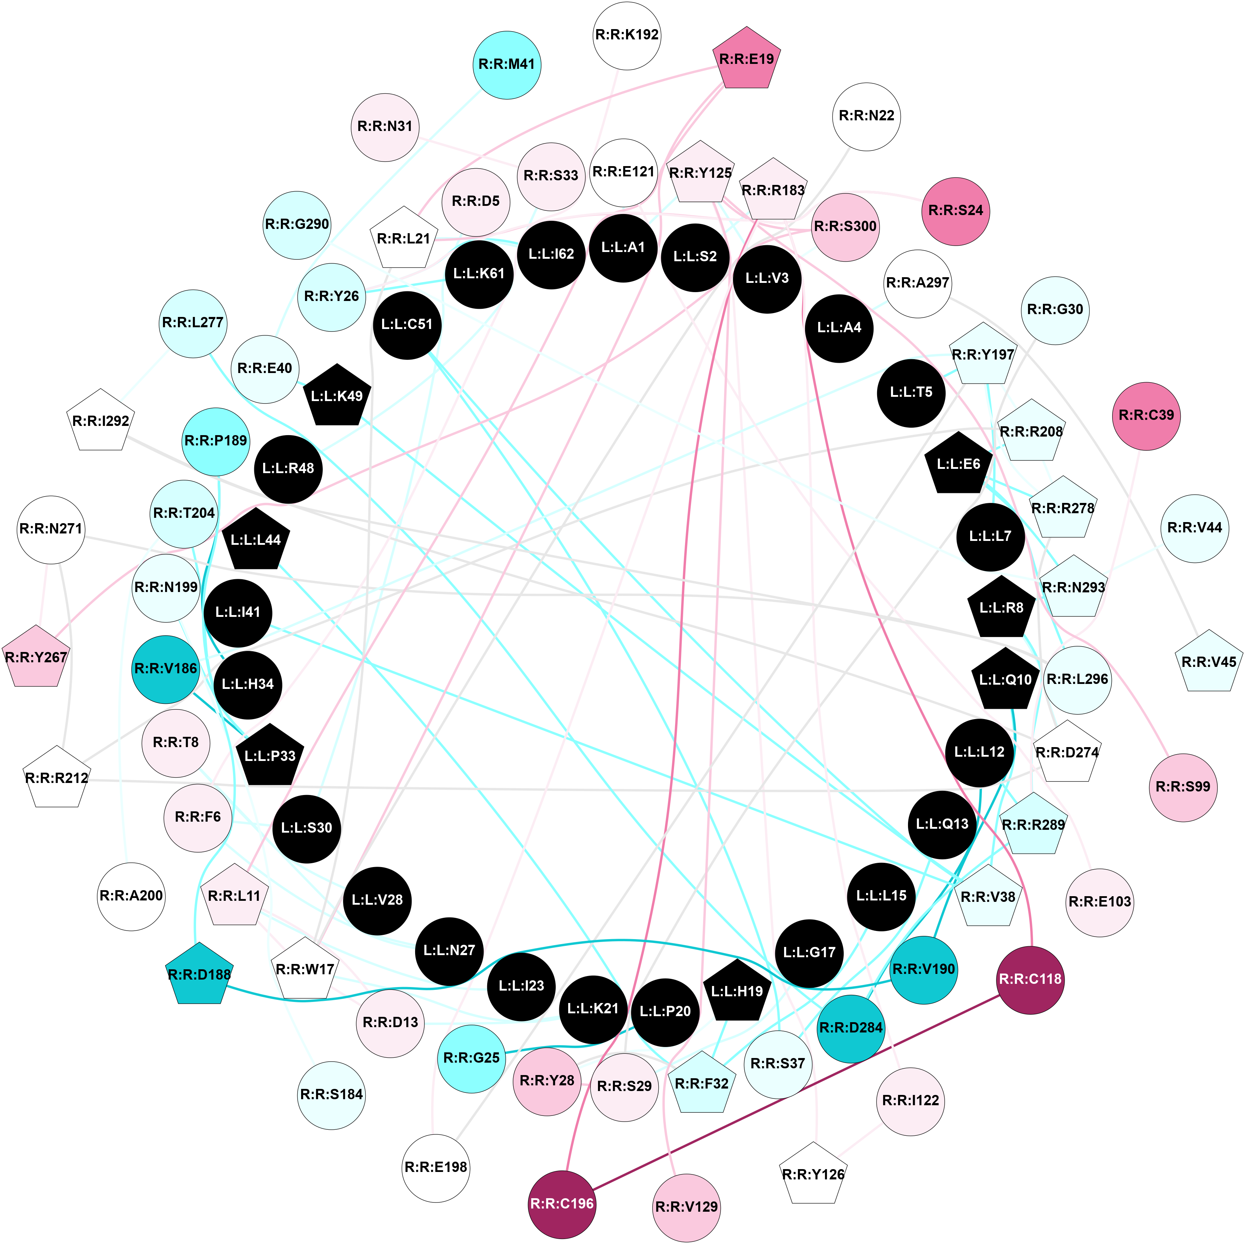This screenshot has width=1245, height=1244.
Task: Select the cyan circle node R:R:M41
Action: click(507, 65)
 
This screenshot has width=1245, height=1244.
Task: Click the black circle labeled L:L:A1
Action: click(623, 247)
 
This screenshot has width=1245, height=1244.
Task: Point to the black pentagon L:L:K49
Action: click(337, 396)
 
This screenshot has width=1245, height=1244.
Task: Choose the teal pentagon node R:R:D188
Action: click(199, 974)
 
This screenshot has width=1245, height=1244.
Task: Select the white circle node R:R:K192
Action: click(626, 35)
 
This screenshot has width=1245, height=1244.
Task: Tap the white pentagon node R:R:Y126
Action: click(813, 1174)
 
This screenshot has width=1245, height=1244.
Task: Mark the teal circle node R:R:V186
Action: click(165, 669)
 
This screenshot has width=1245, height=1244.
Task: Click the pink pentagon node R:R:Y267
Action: click(36, 657)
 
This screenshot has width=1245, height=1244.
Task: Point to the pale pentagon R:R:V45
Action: click(1209, 662)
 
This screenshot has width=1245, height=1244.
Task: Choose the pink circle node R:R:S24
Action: click(956, 211)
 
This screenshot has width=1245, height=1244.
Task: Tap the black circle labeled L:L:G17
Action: click(809, 952)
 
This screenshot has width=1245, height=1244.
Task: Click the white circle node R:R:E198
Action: click(436, 1167)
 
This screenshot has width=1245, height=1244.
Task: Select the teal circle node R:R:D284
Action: click(850, 1027)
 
